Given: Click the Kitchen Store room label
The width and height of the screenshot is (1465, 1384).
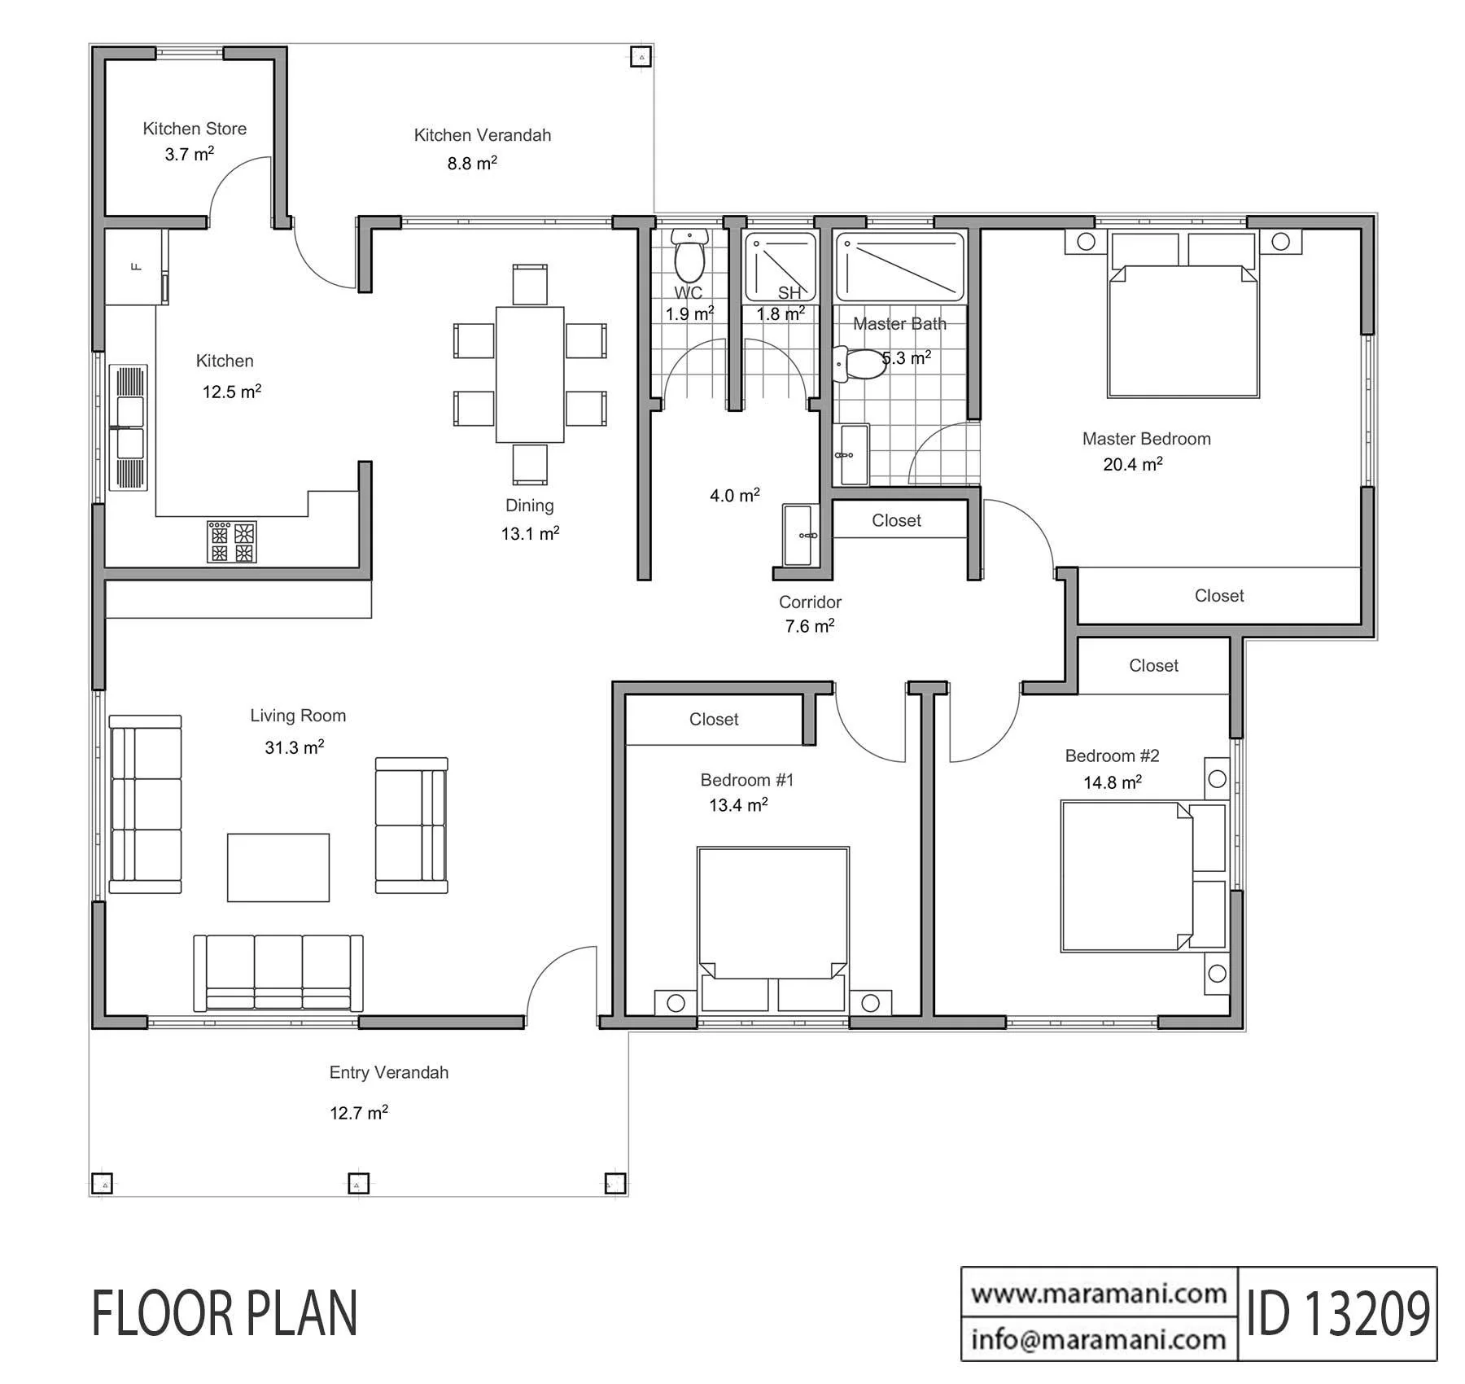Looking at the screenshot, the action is [x=195, y=129].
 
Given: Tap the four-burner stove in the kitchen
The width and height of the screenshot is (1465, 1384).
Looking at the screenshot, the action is [x=232, y=542].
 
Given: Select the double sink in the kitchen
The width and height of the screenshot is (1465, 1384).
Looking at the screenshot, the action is [x=129, y=427].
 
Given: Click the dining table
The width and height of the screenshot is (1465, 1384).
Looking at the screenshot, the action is [x=530, y=374].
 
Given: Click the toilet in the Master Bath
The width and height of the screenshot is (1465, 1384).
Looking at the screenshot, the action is [x=859, y=364].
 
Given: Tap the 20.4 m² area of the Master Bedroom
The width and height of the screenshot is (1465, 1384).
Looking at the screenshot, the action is [x=1133, y=465].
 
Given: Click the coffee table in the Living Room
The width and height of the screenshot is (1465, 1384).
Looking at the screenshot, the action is [x=278, y=867].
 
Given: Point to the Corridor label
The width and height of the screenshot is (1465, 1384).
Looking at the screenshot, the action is [x=810, y=602].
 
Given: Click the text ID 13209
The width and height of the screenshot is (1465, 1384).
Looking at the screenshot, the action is [x=1338, y=1313].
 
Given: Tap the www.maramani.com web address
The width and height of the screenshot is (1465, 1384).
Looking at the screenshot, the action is [x=1099, y=1294].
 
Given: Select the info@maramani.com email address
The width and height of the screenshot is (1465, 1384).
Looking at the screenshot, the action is [x=1099, y=1339].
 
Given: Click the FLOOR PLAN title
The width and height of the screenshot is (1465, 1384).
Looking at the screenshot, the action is [x=225, y=1313].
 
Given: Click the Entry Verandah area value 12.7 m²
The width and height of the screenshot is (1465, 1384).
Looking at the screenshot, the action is [x=359, y=1113].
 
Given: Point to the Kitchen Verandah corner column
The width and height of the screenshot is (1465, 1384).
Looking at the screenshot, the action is [x=642, y=57].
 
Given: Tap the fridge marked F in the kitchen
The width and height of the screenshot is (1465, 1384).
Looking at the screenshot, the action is [x=137, y=267].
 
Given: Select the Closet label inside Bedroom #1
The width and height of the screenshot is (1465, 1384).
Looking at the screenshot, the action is [x=714, y=720].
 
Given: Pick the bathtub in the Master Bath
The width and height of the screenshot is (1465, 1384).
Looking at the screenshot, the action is [x=900, y=267].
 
